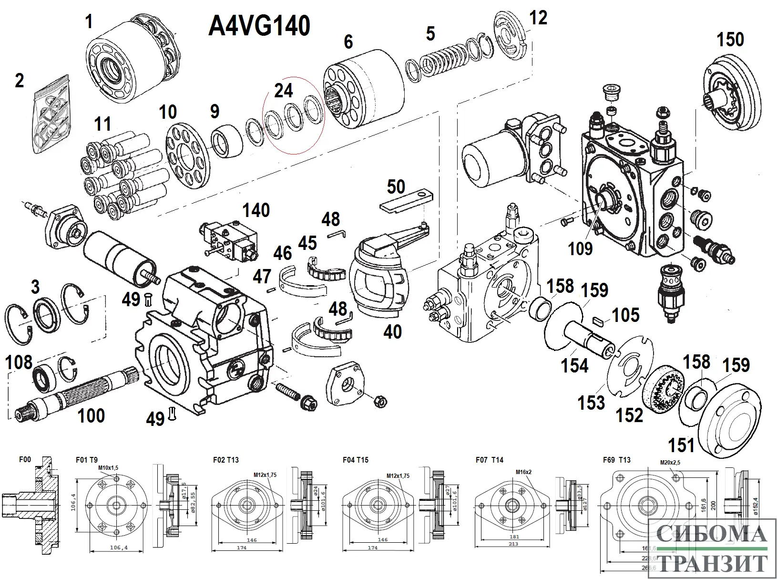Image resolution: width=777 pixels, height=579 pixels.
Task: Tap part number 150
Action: click(x=730, y=40)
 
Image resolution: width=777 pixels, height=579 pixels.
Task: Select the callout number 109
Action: click(x=580, y=248)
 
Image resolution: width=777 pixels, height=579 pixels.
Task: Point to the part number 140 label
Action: click(x=256, y=210)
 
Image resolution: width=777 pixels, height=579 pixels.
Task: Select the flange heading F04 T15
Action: click(x=355, y=460)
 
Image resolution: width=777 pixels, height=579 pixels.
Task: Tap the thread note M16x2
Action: click(x=523, y=472)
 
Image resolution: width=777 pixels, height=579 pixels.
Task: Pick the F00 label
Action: click(x=25, y=460)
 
